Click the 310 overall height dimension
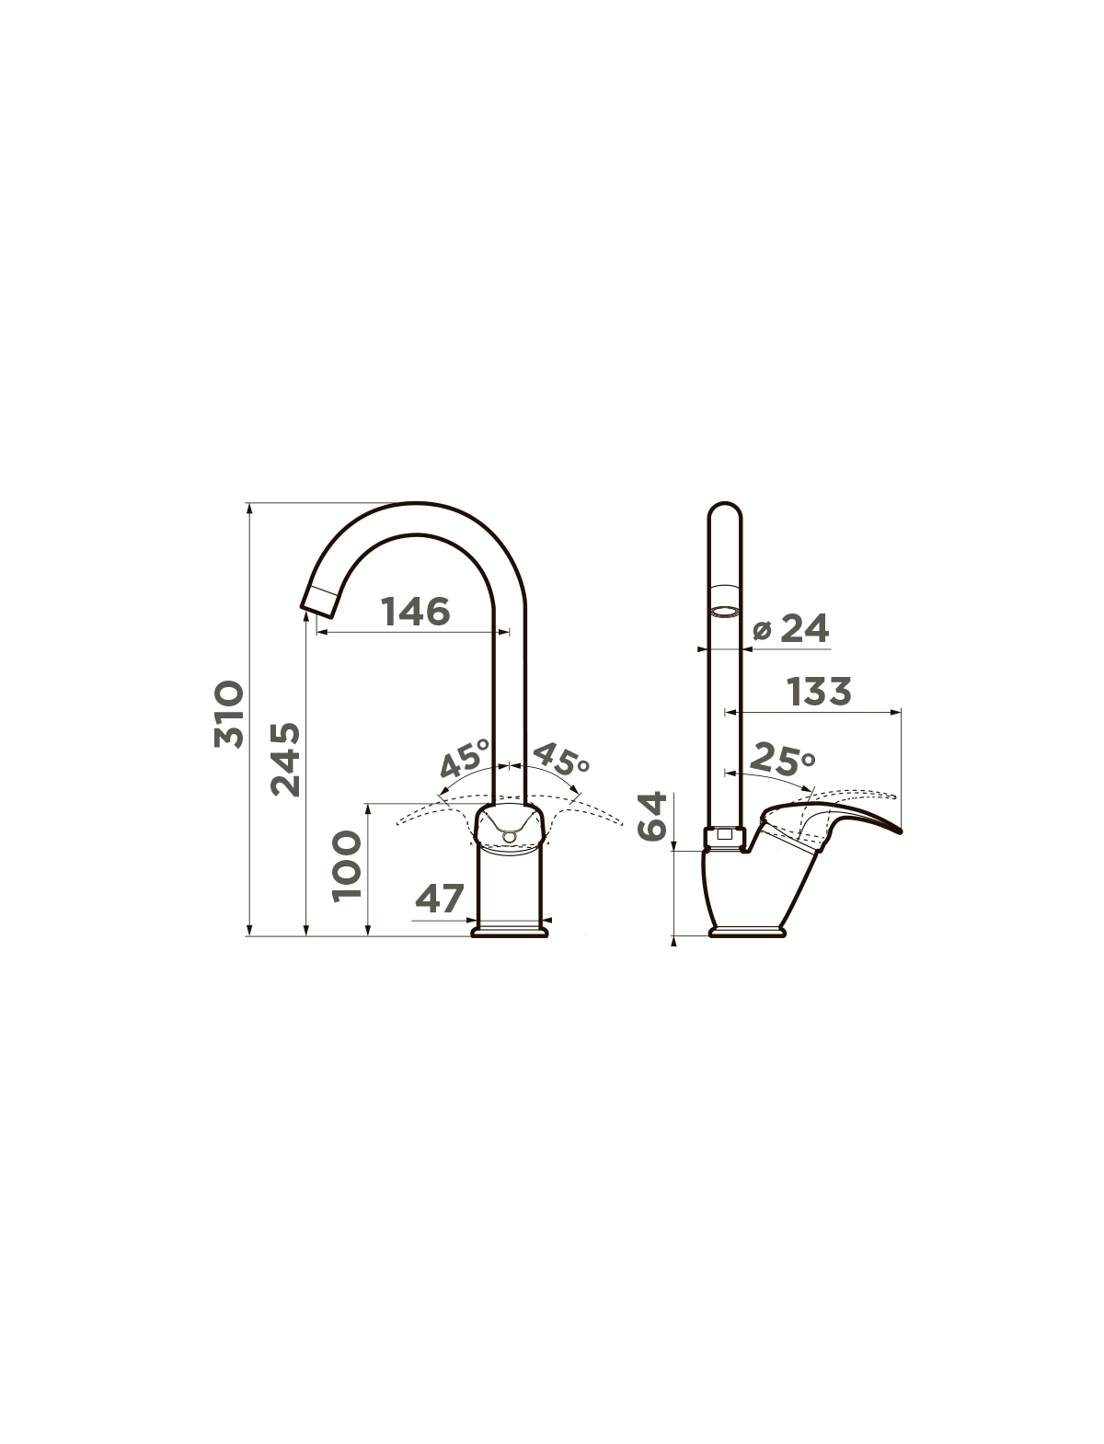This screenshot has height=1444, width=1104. tap(229, 715)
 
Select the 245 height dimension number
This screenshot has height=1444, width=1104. tap(285, 760)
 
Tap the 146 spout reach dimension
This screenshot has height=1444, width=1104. tap(416, 611)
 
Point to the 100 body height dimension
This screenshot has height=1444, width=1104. tap(347, 865)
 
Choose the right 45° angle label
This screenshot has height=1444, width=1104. tap(560, 759)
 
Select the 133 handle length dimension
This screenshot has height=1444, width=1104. tap(819, 692)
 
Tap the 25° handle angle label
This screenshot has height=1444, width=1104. tap(781, 758)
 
